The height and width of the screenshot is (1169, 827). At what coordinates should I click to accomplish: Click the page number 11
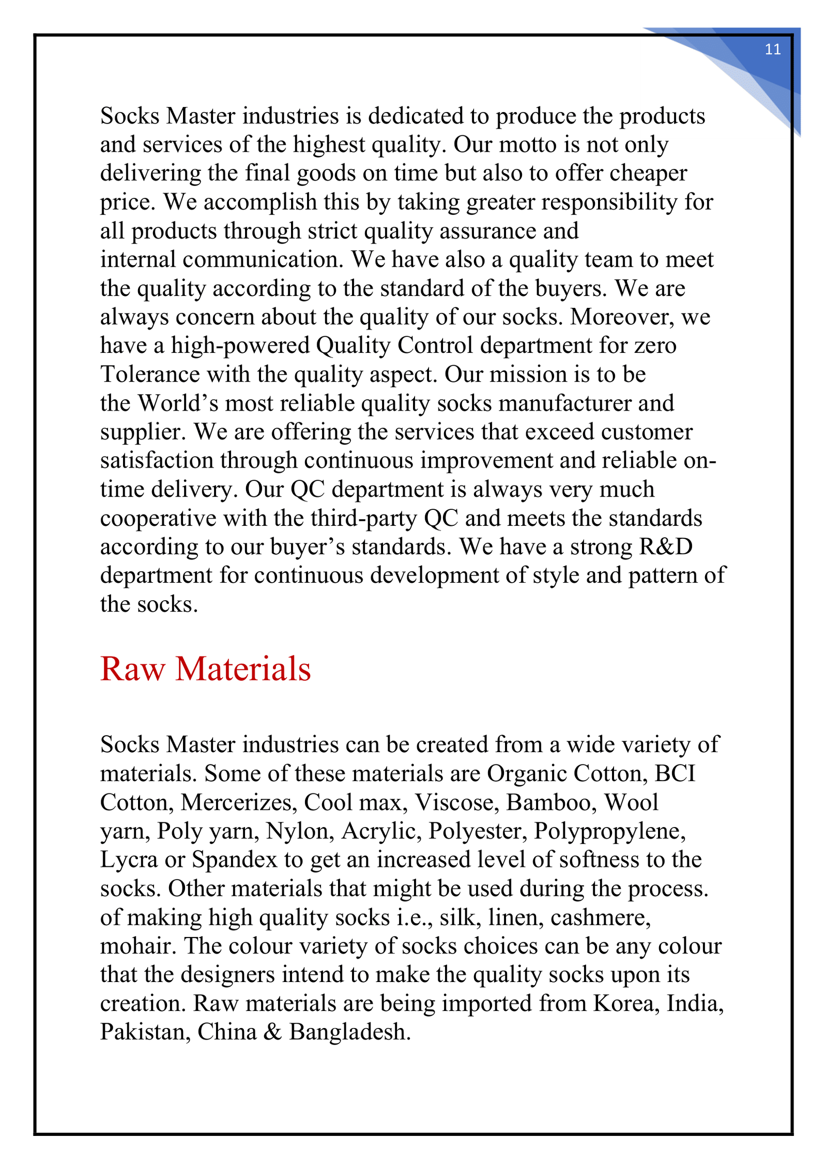point(772,50)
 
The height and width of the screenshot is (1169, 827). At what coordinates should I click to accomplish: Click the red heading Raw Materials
point(205,669)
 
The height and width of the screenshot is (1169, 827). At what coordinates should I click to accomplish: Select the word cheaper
point(648,173)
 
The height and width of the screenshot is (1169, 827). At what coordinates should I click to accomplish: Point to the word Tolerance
point(149,374)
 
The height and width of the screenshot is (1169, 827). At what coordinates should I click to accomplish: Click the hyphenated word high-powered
point(240,346)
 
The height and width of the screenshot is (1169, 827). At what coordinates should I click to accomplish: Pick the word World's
point(177,403)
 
